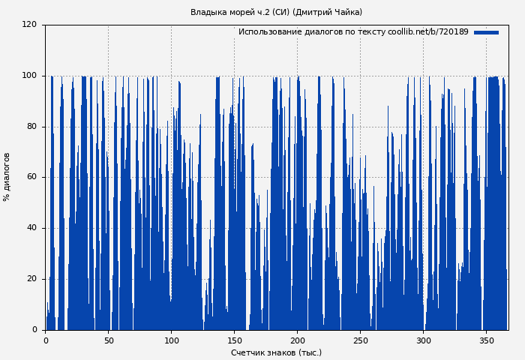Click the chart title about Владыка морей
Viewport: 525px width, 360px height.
pyautogui.click(x=276, y=12)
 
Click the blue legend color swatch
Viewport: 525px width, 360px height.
pyautogui.click(x=486, y=32)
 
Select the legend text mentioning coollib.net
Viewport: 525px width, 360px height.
pyautogui.click(x=353, y=32)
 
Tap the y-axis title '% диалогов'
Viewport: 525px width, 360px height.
pyautogui.click(x=7, y=177)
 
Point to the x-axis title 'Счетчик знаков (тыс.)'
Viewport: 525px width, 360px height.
pyautogui.click(x=276, y=352)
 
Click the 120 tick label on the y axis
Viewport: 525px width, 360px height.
pyautogui.click(x=29, y=25)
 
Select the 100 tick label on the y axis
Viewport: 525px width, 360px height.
pyautogui.click(x=29, y=76)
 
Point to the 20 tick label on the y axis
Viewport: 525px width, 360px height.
pyautogui.click(x=31, y=279)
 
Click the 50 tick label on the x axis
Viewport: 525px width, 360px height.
pyautogui.click(x=108, y=340)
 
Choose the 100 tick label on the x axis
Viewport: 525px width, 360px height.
pyautogui.click(x=171, y=340)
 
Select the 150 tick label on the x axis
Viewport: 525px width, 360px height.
pyautogui.click(x=234, y=340)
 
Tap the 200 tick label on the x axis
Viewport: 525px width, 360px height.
pyautogui.click(x=297, y=340)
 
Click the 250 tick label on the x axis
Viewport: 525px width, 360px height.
pyautogui.click(x=360, y=340)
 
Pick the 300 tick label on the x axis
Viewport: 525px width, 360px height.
pyautogui.click(x=423, y=340)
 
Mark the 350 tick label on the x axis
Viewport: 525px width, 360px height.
pyautogui.click(x=486, y=340)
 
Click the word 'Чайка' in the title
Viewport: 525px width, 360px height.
pyautogui.click(x=346, y=12)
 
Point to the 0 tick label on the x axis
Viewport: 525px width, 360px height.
pyautogui.click(x=46, y=340)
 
